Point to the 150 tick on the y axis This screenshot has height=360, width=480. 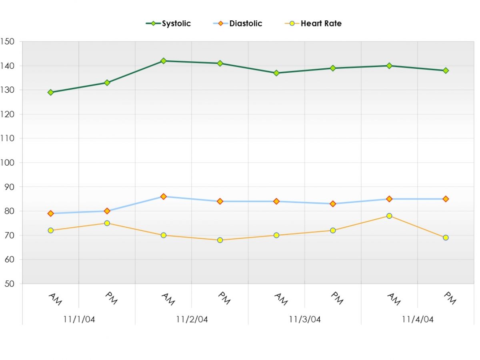click(x=7, y=42)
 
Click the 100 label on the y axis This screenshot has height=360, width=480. click(x=7, y=163)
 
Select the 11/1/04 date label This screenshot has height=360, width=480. click(x=79, y=319)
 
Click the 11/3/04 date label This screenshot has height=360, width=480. click(x=305, y=319)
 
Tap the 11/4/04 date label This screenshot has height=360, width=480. click(x=418, y=319)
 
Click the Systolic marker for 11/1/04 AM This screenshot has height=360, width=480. click(x=50, y=92)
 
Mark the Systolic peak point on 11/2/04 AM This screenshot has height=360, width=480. click(x=164, y=61)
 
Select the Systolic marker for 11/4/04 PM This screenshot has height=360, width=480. click(x=446, y=70)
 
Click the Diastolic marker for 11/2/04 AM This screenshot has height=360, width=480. click(x=164, y=196)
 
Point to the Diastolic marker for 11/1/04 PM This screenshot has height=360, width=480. click(x=107, y=211)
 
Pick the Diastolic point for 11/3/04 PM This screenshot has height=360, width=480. click(x=333, y=204)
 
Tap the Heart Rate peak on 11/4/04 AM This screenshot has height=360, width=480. click(x=389, y=216)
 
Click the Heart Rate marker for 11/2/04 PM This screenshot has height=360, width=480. click(x=220, y=240)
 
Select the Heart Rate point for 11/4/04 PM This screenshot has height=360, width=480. click(x=446, y=238)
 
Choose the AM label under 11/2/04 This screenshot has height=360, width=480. click(x=168, y=299)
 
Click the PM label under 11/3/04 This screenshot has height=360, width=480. click(x=337, y=298)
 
